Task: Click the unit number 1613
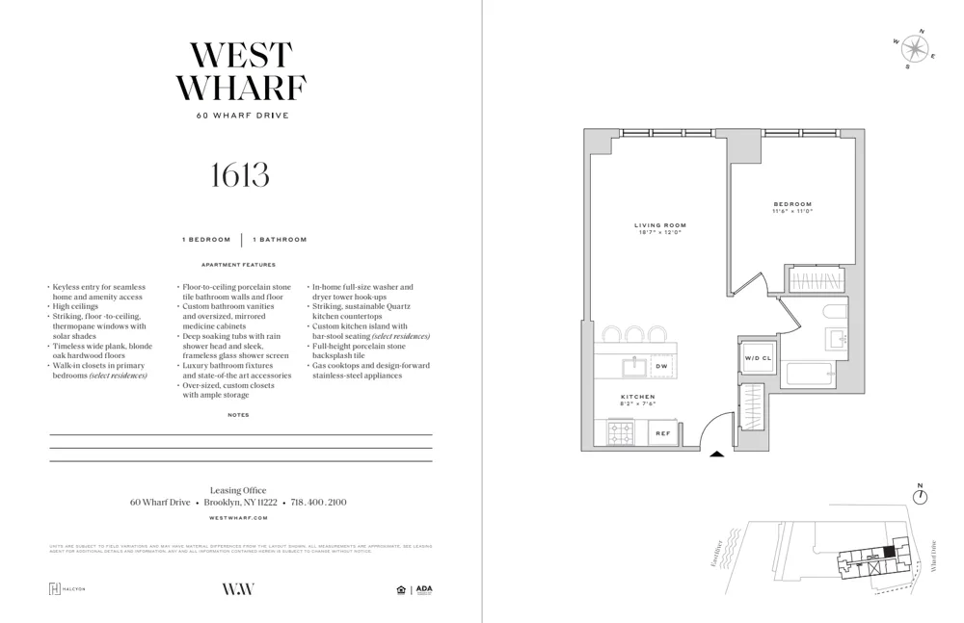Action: pyautogui.click(x=240, y=175)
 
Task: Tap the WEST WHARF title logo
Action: pyautogui.click(x=240, y=72)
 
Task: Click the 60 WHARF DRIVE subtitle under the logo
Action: pyautogui.click(x=242, y=116)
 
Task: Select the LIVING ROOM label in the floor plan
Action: pyautogui.click(x=660, y=226)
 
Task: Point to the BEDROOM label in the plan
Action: pyautogui.click(x=792, y=204)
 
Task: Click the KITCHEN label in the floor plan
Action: pyautogui.click(x=638, y=397)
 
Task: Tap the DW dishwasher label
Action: pyautogui.click(x=662, y=367)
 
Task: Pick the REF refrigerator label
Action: pyautogui.click(x=663, y=434)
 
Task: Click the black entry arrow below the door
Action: pyautogui.click(x=716, y=454)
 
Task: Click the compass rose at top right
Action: pyautogui.click(x=915, y=49)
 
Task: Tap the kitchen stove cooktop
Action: pyautogui.click(x=620, y=433)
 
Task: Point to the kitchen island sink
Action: pyautogui.click(x=633, y=367)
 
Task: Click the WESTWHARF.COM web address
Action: pyautogui.click(x=238, y=518)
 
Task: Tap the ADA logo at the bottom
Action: pyautogui.click(x=424, y=589)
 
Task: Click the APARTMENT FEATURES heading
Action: pyautogui.click(x=238, y=265)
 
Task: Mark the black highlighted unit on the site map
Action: pyautogui.click(x=889, y=551)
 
